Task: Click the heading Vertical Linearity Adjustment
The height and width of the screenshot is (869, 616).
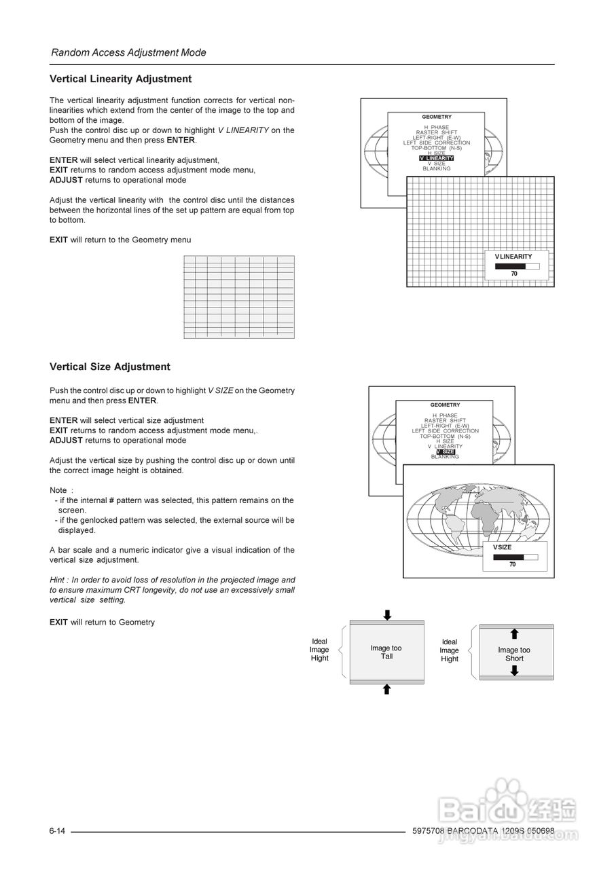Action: (x=120, y=79)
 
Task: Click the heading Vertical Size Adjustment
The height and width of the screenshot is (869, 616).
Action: (x=109, y=367)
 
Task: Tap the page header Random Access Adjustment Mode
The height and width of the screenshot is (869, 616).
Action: (x=128, y=53)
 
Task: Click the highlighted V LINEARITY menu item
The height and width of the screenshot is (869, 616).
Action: (x=437, y=158)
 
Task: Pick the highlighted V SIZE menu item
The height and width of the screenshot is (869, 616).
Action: (x=446, y=451)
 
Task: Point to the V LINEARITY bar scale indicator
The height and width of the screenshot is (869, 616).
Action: (x=517, y=267)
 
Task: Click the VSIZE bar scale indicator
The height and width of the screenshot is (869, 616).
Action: (x=515, y=557)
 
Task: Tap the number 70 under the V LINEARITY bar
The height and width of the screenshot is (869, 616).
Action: (x=514, y=274)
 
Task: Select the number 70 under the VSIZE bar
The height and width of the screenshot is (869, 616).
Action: (x=513, y=564)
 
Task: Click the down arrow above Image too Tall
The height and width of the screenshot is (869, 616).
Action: (x=387, y=615)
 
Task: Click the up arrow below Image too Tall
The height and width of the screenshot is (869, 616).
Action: (x=387, y=689)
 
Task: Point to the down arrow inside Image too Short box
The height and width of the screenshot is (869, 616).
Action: (x=515, y=671)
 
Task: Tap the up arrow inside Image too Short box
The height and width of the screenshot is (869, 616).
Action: (x=515, y=634)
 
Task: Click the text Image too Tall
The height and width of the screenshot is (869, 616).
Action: (x=386, y=652)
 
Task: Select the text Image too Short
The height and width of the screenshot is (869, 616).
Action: (x=514, y=654)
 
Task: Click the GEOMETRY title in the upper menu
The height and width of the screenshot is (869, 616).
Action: (x=436, y=117)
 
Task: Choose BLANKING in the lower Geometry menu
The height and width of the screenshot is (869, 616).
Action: (x=445, y=457)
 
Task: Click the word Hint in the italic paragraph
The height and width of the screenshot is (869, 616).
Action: (x=58, y=580)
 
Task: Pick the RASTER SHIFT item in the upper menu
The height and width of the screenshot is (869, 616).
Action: (x=436, y=132)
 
